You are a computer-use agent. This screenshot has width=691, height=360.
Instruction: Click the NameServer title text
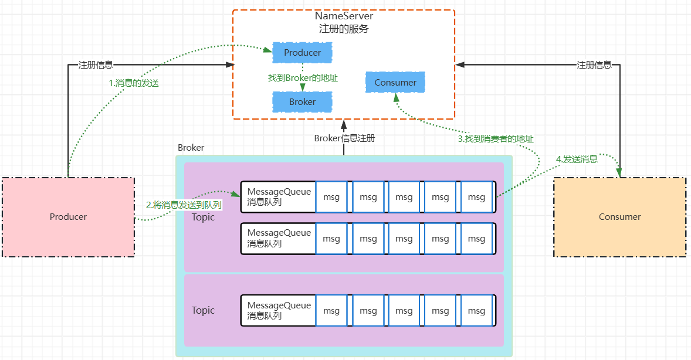(x=344, y=16)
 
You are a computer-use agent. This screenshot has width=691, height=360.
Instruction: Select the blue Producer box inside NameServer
(x=303, y=53)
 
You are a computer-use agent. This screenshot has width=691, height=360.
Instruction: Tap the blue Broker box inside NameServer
(x=303, y=102)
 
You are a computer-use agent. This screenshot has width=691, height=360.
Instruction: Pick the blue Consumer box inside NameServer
(x=395, y=83)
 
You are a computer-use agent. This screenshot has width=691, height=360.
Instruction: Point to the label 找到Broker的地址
(x=303, y=77)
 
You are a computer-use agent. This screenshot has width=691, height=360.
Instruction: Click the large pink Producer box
(x=68, y=217)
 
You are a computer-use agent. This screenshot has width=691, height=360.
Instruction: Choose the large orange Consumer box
(x=619, y=217)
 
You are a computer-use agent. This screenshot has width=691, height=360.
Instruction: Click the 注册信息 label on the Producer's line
(x=96, y=65)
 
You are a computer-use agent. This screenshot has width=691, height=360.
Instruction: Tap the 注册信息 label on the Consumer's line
(x=594, y=65)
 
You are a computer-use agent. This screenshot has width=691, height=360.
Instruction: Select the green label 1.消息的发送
(x=134, y=83)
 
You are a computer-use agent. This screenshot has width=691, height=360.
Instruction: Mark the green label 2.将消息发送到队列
(x=184, y=205)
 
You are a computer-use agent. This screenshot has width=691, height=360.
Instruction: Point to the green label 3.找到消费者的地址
(x=496, y=139)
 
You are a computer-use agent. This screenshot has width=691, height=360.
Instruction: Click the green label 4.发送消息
(x=577, y=159)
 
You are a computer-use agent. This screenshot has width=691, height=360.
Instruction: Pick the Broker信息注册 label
(x=344, y=138)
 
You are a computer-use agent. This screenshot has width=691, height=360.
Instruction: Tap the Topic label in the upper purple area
(x=203, y=217)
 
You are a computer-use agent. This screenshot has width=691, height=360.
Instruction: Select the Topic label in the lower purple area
(x=203, y=310)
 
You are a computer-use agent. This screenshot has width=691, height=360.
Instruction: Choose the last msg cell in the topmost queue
(x=476, y=197)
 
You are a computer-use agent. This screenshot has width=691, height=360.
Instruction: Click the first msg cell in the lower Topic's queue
(x=331, y=311)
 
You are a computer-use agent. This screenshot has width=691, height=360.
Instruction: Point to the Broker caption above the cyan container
(x=191, y=148)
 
